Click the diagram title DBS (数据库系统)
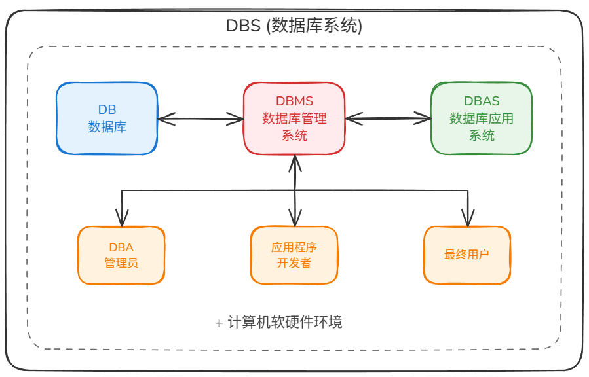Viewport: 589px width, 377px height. point(294,26)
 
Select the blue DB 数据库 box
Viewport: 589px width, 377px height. point(107,118)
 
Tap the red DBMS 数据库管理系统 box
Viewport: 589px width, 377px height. point(294,118)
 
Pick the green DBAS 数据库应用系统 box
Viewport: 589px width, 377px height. point(482,118)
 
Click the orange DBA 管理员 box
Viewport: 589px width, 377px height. point(121,255)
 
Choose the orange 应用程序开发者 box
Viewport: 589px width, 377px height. point(294,255)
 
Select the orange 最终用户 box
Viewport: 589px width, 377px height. point(467,255)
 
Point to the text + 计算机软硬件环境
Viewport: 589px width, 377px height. point(278,322)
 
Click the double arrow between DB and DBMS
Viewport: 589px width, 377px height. point(200,119)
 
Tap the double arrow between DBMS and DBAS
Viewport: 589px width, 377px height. point(388,118)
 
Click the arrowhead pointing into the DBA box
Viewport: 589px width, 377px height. point(122,219)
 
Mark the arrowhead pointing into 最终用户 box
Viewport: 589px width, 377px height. point(468,219)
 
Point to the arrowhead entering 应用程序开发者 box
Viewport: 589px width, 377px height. point(295,219)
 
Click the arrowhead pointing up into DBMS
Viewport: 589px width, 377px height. point(295,164)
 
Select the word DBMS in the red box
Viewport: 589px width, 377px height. point(294,101)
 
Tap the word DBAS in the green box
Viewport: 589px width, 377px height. point(482,101)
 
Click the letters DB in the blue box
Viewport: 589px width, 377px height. point(107,109)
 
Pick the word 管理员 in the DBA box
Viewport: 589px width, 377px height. point(121,262)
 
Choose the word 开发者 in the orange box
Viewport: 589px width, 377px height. point(294,262)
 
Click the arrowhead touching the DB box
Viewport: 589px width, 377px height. point(166,119)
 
